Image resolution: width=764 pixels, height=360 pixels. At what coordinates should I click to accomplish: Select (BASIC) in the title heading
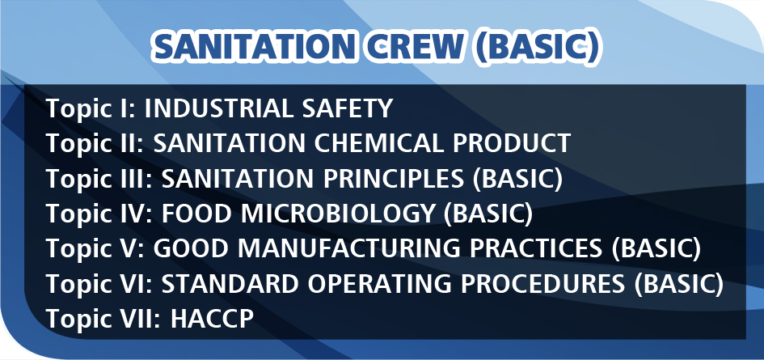[x=537, y=48]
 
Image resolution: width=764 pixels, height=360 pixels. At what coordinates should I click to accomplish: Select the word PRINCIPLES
[x=393, y=179]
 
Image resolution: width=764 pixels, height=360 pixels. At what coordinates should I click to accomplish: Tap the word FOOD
[x=196, y=214]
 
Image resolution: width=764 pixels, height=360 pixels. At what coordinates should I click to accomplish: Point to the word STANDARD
[x=230, y=285]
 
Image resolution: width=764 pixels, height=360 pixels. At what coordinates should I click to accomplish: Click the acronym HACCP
[x=212, y=320]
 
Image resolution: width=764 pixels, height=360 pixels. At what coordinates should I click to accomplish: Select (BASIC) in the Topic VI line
[x=679, y=285]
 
